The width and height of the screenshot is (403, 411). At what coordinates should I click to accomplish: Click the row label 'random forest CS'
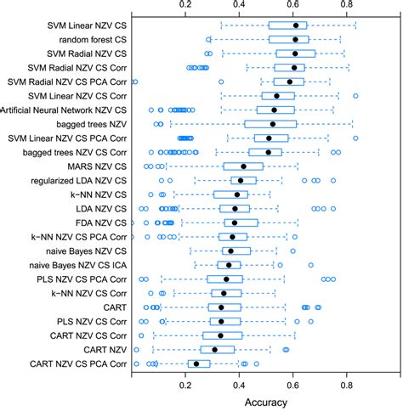click(82, 39)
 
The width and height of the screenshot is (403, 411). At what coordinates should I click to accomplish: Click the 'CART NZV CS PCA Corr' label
click(77, 363)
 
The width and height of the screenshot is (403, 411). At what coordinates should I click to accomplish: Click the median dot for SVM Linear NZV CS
click(295, 25)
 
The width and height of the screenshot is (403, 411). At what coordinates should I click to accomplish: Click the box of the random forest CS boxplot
click(288, 39)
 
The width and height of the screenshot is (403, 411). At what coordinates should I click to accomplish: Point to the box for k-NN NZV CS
click(230, 194)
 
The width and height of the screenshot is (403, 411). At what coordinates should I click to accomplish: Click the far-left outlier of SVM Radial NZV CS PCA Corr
click(134, 82)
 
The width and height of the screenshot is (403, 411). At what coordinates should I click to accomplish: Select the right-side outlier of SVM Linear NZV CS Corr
click(355, 96)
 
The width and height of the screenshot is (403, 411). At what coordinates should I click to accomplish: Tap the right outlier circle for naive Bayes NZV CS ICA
click(311, 265)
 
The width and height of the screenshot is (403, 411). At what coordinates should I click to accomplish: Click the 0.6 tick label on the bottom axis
click(293, 383)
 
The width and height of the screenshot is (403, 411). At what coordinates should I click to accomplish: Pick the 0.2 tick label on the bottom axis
click(186, 383)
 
